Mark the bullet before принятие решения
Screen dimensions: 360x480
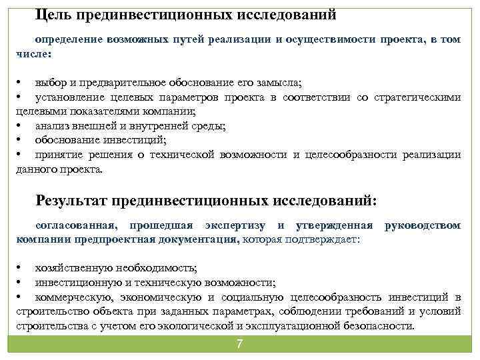click(20, 155)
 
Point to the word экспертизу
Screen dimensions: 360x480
click(236, 225)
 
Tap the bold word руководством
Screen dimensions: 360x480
click(422, 225)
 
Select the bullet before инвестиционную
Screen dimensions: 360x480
click(20, 283)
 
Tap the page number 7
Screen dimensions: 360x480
click(239, 344)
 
